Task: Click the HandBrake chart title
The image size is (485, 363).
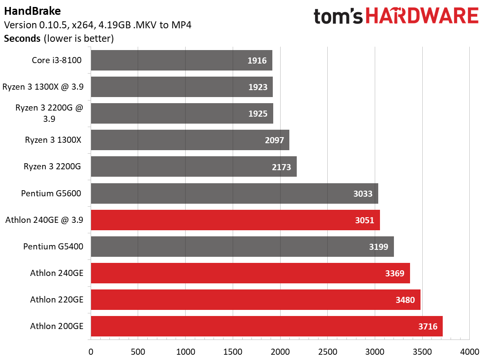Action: point(33,11)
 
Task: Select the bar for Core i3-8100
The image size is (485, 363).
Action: point(182,60)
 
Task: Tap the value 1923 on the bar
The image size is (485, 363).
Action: point(258,87)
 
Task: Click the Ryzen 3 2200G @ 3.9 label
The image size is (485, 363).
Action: point(49,113)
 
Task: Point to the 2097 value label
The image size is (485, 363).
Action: point(275,140)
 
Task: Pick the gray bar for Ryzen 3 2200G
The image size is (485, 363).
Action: point(193,167)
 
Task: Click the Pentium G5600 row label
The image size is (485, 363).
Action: point(51,193)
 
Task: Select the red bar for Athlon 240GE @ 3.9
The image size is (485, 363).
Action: point(235,220)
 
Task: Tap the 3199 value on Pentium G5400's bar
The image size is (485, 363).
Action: point(378,247)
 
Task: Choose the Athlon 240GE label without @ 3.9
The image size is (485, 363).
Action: point(57,273)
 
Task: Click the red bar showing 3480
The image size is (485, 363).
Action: point(255,299)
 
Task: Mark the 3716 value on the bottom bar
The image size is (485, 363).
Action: point(428,326)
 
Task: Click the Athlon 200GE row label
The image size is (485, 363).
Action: point(57,326)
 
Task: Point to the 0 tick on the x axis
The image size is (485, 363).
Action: point(91,352)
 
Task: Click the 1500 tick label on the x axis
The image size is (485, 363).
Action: point(233,352)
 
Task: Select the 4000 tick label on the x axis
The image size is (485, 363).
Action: point(470,352)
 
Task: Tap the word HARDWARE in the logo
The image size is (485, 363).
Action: point(422,16)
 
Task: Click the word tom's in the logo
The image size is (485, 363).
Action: point(338,17)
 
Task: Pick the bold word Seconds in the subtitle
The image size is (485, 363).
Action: point(22,39)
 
